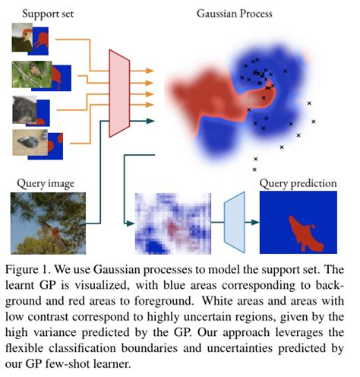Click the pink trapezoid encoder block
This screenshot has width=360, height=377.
point(120,93)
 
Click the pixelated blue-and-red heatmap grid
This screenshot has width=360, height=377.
point(171,223)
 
